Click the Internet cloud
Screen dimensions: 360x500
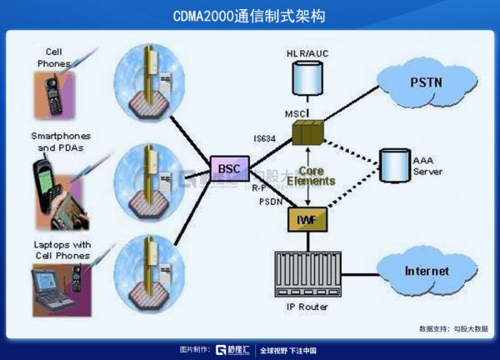426,271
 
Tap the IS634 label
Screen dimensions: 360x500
266,138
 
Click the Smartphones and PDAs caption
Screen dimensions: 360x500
61,141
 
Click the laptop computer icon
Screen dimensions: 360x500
50,288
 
